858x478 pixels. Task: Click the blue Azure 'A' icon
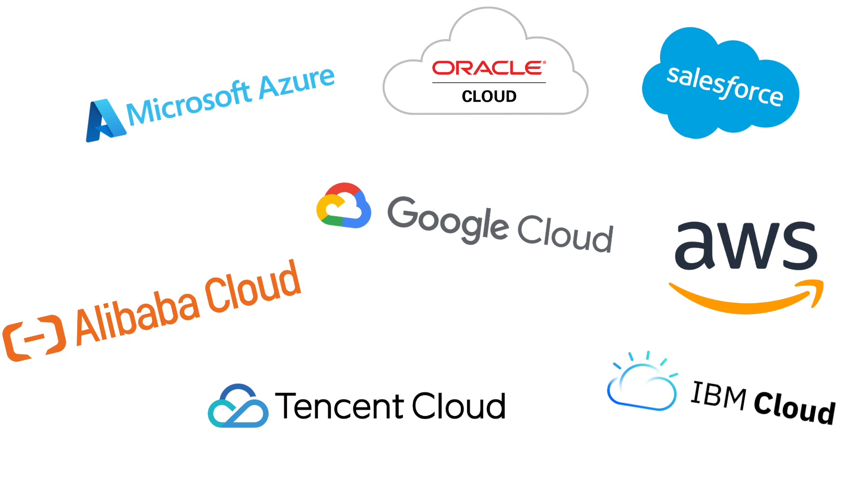[104, 121]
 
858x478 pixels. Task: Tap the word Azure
[297, 82]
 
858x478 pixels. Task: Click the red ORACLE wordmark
[488, 68]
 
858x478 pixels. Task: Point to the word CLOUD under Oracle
[489, 97]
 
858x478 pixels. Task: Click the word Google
[448, 220]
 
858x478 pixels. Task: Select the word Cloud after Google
[565, 234]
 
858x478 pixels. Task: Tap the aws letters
[746, 245]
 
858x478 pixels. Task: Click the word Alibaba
[137, 318]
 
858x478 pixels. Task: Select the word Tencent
[340, 406]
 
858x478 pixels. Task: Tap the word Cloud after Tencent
[459, 406]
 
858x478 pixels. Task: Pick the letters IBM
[718, 396]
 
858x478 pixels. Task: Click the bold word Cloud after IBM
[794, 408]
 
